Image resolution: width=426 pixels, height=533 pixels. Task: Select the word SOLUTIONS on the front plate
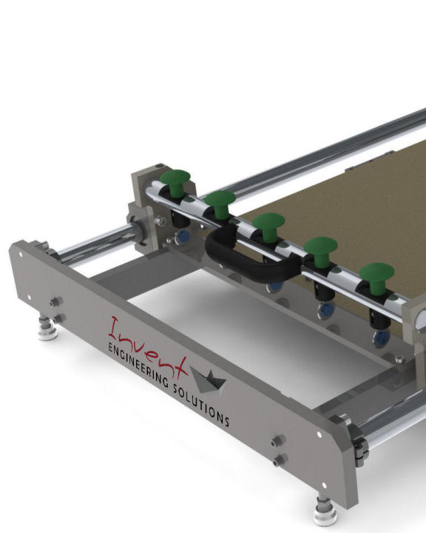pos(201,406)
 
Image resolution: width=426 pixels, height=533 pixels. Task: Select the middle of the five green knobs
pos(268,227)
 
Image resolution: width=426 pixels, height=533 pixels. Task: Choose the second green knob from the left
pos(220,204)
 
